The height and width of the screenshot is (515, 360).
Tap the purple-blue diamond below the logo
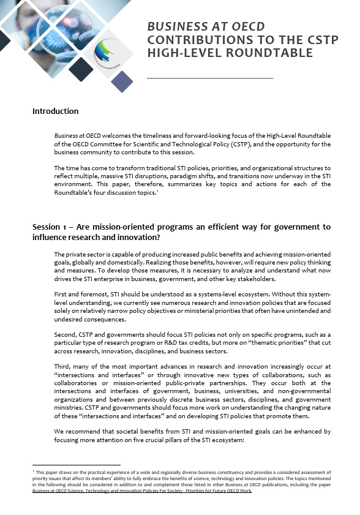[122, 81]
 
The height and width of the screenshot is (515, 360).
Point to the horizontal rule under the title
[210, 78]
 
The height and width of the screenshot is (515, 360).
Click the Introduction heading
[55, 111]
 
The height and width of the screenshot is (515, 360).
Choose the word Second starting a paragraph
[65, 336]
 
